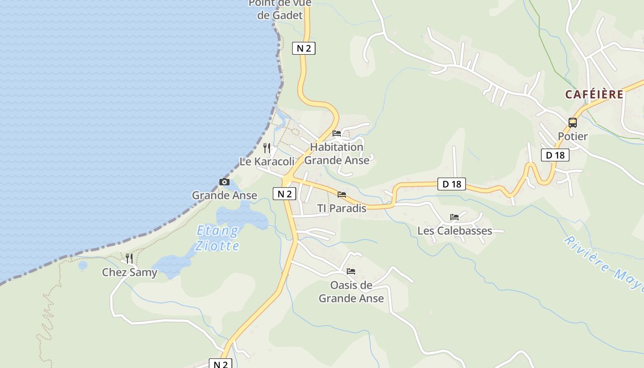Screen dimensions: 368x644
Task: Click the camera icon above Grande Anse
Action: (224, 182)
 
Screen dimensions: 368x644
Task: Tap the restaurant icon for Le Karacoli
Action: (266, 148)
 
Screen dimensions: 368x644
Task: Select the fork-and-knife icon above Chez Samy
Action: (129, 259)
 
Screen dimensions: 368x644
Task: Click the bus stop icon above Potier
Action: (573, 123)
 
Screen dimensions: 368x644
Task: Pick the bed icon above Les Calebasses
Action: (454, 217)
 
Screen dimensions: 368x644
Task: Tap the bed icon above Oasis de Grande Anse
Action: (351, 271)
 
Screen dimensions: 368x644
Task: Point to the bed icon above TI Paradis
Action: (342, 194)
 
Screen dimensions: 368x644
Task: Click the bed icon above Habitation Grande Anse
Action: (337, 133)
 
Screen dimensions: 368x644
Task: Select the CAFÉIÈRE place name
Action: (594, 95)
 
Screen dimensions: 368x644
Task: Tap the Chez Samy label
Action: (130, 272)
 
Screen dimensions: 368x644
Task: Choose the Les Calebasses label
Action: (454, 230)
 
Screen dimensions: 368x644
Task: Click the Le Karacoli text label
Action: (267, 161)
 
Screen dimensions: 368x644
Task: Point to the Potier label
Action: (573, 136)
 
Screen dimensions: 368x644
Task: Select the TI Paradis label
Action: (342, 208)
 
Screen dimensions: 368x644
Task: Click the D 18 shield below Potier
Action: (555, 155)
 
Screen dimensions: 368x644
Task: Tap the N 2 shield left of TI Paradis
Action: (285, 194)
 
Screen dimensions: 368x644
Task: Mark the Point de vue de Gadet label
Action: (280, 9)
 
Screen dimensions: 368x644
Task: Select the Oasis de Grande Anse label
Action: (351, 292)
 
